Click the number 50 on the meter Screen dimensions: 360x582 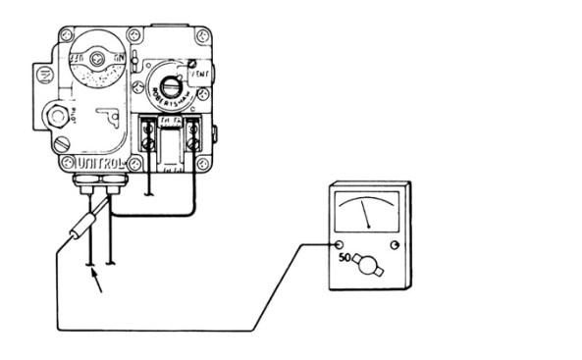point(344,258)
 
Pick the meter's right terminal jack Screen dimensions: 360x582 point(395,243)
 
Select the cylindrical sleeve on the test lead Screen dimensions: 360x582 point(78,231)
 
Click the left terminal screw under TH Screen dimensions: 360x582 point(149,142)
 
